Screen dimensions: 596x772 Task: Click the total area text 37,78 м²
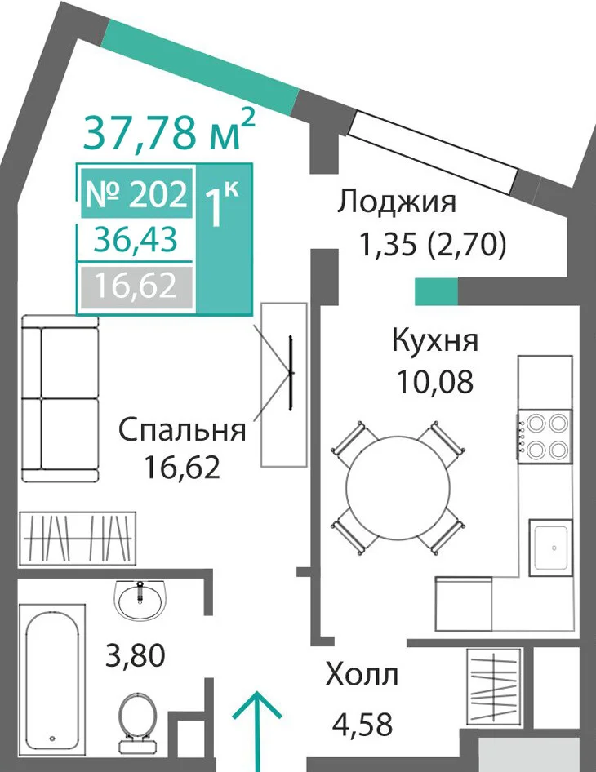point(169,129)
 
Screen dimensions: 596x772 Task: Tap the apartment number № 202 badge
point(136,193)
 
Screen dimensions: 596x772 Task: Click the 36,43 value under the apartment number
point(136,240)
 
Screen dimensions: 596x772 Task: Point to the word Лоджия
point(397,202)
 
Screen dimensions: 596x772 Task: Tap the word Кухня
point(435,339)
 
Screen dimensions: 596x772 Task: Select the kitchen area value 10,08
point(435,382)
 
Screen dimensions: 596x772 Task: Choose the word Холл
point(362,675)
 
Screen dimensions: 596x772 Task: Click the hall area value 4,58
point(362,724)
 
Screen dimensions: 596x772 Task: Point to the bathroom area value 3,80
point(136,656)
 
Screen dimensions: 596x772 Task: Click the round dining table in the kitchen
point(398,487)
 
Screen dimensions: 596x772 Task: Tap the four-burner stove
point(545,436)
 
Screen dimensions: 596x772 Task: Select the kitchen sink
point(551,548)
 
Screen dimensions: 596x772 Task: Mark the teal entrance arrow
point(256,732)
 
